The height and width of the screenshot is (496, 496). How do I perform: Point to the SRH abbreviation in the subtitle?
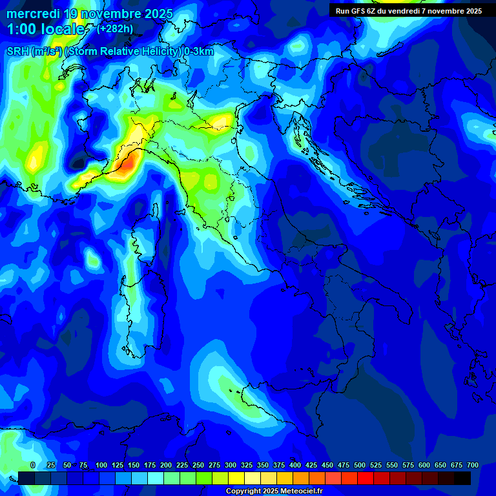tap(17, 52)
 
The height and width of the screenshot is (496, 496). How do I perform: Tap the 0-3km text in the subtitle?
tap(198, 52)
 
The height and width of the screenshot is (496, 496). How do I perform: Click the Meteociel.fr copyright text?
tap(304, 491)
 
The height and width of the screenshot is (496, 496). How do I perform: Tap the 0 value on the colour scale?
tap(33, 465)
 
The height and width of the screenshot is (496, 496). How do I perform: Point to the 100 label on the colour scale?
tap(101, 465)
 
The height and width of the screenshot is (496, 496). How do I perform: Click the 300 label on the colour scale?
tap(231, 465)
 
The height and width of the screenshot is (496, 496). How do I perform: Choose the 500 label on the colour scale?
tap(360, 465)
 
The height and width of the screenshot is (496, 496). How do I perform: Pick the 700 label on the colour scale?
tap(473, 465)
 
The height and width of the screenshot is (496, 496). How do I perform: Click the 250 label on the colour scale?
tap(198, 465)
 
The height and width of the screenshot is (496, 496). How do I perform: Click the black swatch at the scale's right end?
tap(462, 478)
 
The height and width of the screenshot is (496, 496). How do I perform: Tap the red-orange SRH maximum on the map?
tap(127, 164)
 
